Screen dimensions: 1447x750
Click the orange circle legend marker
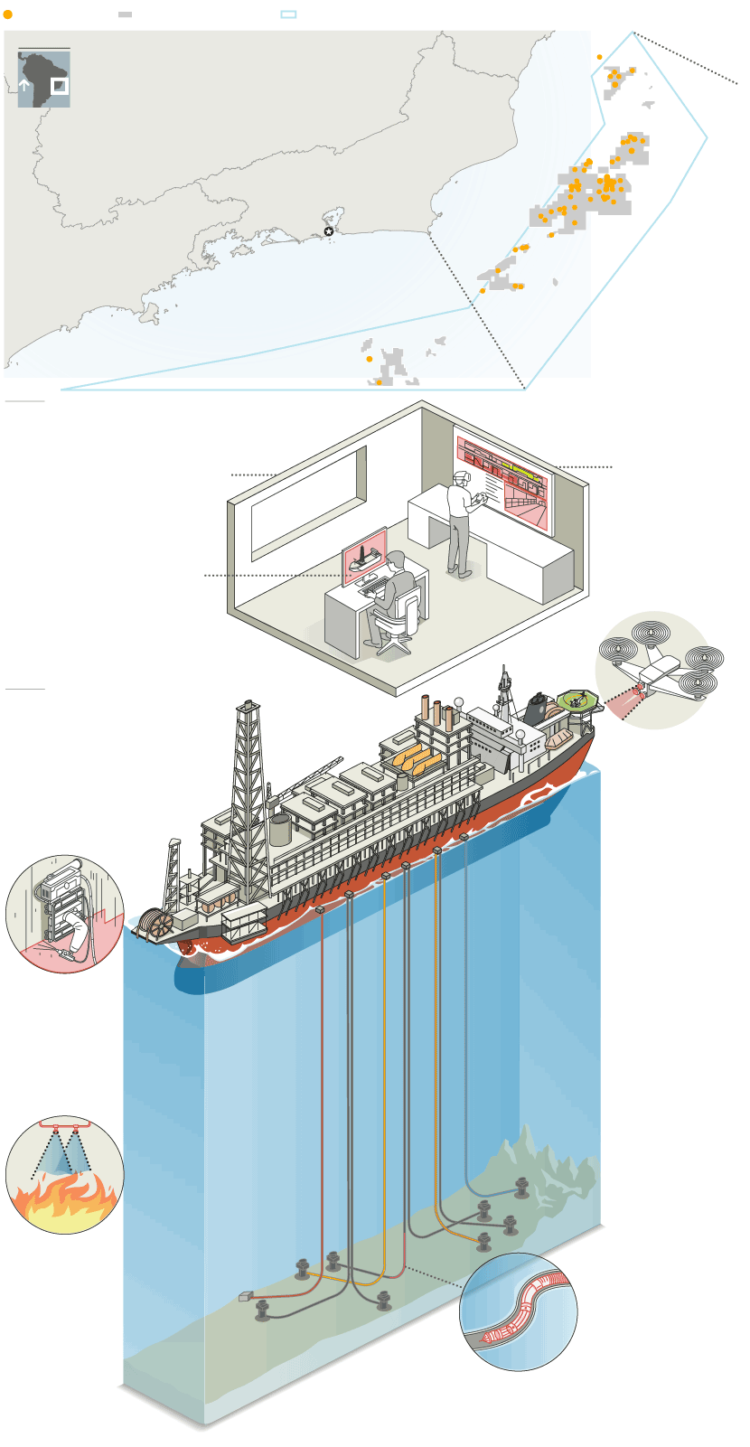(x=8, y=14)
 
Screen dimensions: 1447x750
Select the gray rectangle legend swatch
(x=126, y=14)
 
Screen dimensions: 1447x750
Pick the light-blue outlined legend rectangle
(x=288, y=14)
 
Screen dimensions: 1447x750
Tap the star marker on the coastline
(x=328, y=232)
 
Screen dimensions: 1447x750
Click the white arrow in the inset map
(x=24, y=87)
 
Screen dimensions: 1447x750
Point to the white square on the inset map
(x=59, y=86)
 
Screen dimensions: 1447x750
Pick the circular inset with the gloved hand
(x=64, y=914)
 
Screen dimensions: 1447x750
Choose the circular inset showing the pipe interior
(x=519, y=1311)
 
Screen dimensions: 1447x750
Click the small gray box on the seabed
(x=246, y=1297)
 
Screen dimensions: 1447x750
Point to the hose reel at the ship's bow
(x=160, y=924)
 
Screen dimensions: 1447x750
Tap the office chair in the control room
(x=398, y=624)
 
